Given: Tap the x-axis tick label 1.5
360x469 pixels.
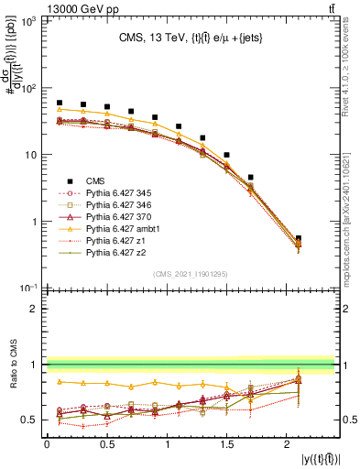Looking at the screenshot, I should (228, 445).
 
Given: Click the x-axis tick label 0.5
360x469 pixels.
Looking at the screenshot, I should (107, 445).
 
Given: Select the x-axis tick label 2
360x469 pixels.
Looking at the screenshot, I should (289, 445).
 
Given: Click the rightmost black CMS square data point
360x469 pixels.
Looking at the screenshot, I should (299, 238).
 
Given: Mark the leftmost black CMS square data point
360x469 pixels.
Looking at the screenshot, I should (60, 103).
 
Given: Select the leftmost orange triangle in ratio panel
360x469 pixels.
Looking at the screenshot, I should (60, 381).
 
